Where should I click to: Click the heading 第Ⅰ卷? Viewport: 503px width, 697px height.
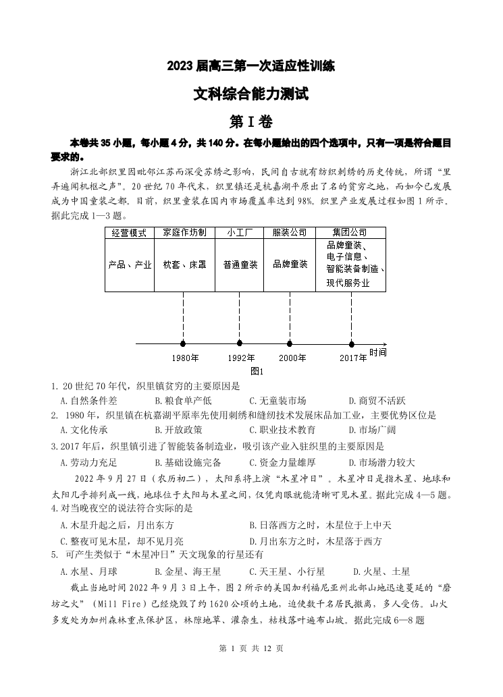(x=251, y=121)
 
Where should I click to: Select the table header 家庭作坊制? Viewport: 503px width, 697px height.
(x=184, y=233)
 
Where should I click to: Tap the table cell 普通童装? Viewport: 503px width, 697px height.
(x=240, y=264)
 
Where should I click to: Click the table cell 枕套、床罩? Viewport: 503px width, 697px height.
(x=184, y=264)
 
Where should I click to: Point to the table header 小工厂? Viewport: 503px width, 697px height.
(x=240, y=233)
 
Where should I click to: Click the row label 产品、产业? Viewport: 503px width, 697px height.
(x=130, y=264)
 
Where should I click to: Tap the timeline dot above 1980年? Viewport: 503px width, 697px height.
(x=184, y=343)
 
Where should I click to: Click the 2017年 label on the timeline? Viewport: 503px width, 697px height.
(x=352, y=358)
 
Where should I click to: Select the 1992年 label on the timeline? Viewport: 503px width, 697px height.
(x=241, y=358)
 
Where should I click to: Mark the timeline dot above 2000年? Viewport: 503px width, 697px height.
(x=290, y=343)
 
